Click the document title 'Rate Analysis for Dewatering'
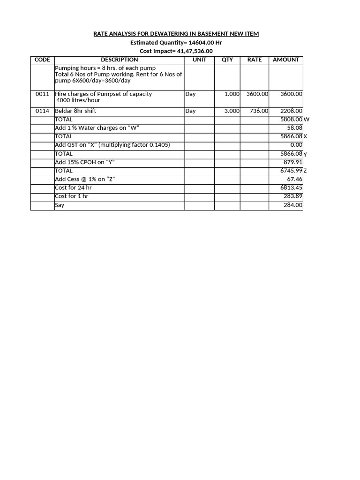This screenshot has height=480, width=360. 176,34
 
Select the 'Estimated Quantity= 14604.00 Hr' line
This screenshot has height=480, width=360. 176,42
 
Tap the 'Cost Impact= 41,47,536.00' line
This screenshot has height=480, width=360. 176,51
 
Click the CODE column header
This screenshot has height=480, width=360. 42,60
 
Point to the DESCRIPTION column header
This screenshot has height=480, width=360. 120,60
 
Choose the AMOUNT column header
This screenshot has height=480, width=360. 286,60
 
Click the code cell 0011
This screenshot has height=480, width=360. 42,94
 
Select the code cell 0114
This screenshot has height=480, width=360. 42,111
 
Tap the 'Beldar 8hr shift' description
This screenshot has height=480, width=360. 75,111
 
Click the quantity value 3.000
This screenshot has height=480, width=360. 232,111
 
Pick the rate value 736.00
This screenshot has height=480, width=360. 258,111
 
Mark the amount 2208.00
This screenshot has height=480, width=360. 291,111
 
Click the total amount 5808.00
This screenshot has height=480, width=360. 291,120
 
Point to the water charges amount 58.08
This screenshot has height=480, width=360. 294,128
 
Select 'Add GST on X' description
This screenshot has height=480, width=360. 112,145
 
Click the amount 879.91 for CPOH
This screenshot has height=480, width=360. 293,162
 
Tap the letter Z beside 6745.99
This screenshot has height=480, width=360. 305,171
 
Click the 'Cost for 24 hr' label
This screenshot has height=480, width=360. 73,187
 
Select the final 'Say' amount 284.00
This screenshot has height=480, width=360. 293,205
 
